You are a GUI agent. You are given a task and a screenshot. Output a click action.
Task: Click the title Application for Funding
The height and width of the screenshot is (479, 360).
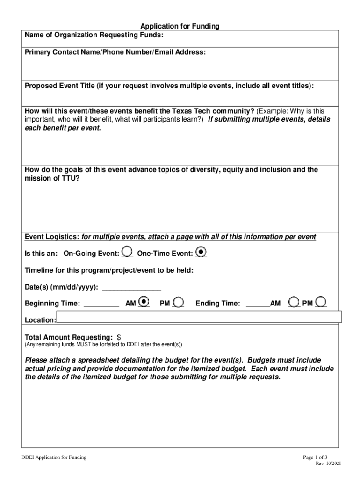click(180, 27)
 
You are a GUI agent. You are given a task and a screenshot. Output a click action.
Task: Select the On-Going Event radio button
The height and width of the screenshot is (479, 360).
click(127, 252)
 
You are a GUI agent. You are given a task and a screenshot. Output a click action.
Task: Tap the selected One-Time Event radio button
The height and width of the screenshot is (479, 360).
click(201, 252)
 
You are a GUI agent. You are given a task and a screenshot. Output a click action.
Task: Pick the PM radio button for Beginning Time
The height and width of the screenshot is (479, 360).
click(178, 302)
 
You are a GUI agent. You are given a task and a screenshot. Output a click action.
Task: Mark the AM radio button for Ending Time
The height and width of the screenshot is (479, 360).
click(295, 302)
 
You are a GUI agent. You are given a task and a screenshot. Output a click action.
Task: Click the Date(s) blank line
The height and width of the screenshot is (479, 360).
click(131, 288)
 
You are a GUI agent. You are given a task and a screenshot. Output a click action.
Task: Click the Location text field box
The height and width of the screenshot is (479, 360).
click(199, 317)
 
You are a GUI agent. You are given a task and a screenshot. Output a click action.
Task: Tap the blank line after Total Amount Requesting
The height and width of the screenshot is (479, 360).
click(162, 338)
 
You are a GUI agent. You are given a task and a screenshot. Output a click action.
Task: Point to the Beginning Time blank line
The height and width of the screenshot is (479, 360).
click(101, 305)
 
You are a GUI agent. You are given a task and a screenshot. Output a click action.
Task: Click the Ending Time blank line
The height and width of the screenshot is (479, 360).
click(258, 305)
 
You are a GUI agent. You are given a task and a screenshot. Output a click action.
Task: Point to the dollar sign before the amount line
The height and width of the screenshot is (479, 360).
click(119, 337)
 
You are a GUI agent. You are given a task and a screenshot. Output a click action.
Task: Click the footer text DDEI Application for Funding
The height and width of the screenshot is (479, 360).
click(50, 457)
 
